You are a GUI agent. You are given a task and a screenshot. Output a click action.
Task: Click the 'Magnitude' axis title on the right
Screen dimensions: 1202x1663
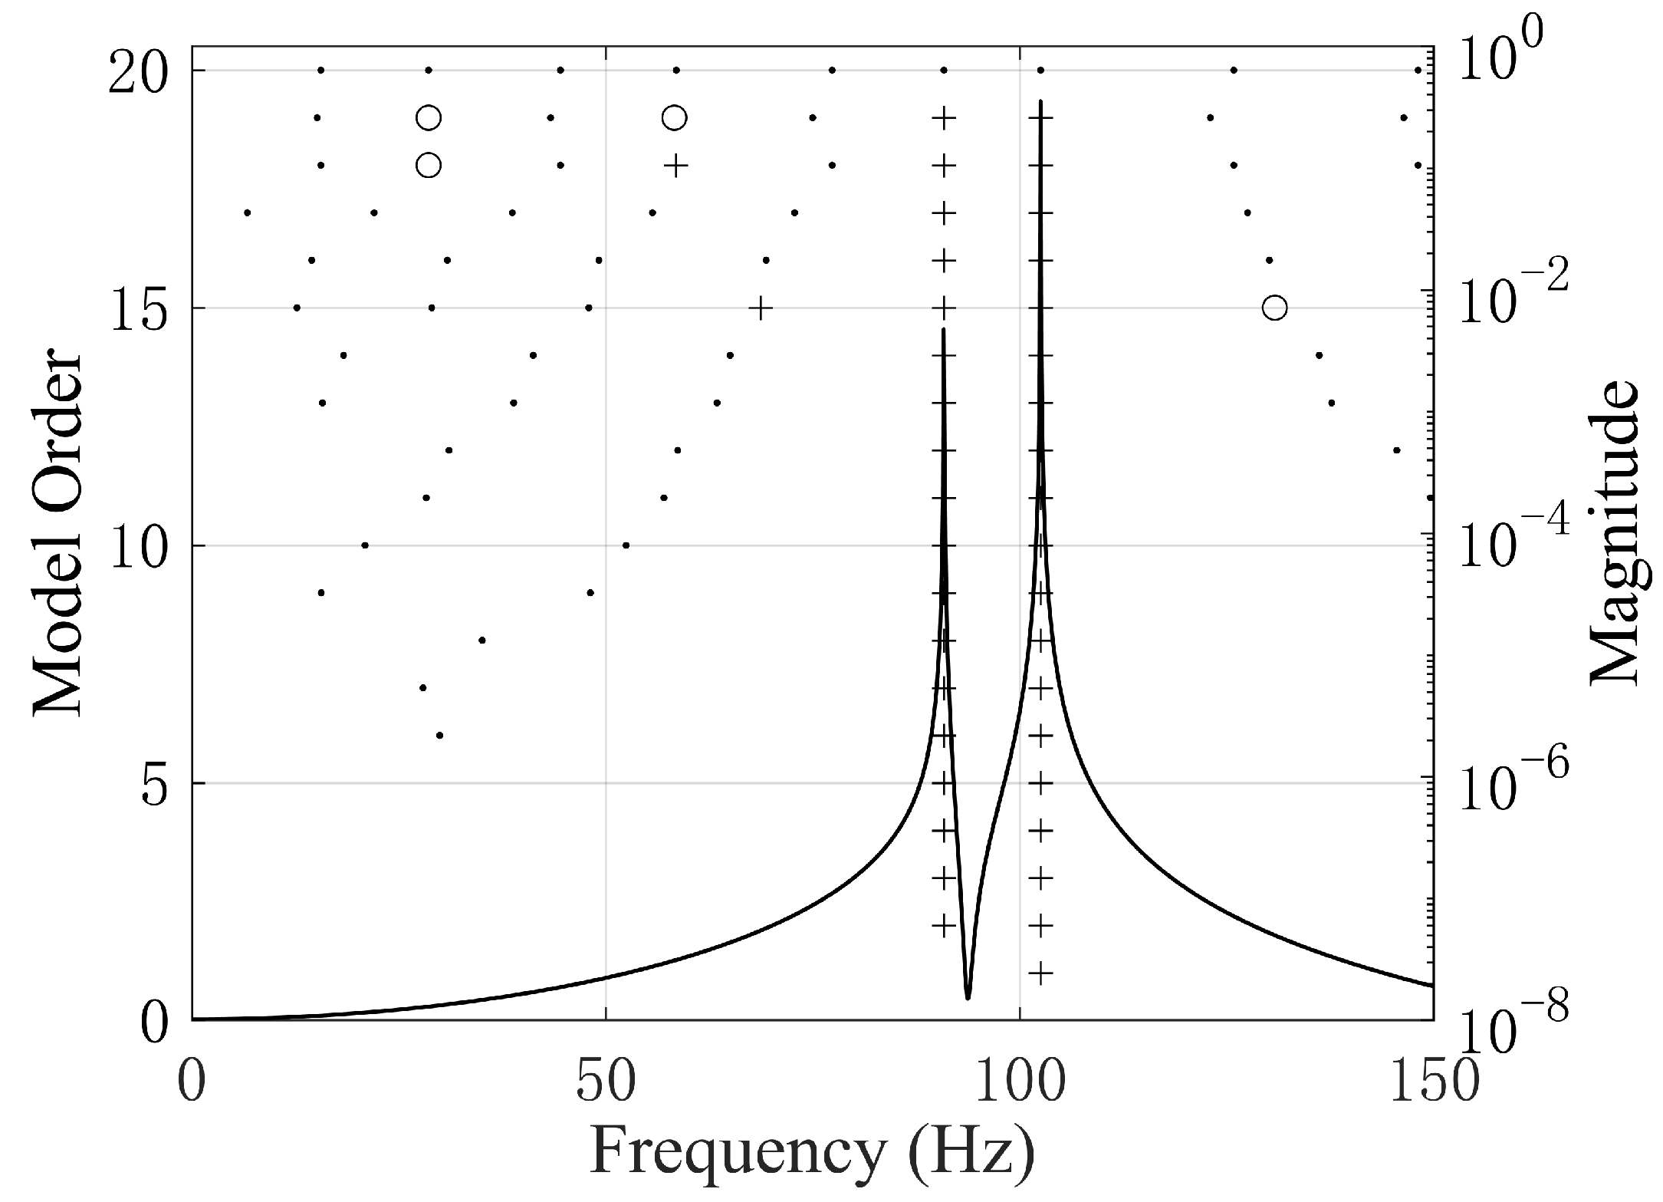coord(1613,535)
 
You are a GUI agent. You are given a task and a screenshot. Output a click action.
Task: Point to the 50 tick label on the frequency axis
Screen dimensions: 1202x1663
coord(606,1082)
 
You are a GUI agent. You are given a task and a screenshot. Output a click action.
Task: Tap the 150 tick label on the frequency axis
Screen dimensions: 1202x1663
coord(1432,1082)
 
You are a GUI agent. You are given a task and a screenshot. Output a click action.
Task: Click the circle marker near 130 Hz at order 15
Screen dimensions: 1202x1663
coord(1274,308)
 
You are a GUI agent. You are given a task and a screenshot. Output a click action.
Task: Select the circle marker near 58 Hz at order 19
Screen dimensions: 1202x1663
coord(674,118)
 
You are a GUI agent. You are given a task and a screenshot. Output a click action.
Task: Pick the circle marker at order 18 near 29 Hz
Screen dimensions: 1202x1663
coord(429,166)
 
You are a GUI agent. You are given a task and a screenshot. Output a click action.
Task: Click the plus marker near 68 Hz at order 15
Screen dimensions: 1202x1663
coord(760,308)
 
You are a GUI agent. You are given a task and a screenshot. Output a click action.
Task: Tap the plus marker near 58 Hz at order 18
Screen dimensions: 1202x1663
coord(675,166)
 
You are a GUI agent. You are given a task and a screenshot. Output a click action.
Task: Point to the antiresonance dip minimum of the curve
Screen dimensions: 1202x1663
coord(968,997)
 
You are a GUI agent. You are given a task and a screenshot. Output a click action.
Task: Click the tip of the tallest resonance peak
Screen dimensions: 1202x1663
coord(1040,101)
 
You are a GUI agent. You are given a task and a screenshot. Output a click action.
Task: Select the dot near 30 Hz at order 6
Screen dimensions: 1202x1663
coord(439,736)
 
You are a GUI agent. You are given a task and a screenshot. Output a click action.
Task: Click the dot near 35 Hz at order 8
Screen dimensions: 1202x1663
coord(481,641)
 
